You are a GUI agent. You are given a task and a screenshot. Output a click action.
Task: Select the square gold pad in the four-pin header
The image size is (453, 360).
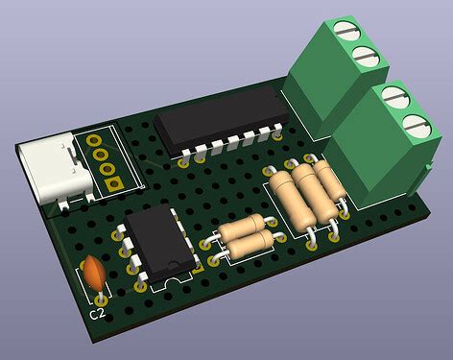tap(114, 183)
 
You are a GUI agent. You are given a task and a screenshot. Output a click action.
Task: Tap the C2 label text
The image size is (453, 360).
tap(97, 314)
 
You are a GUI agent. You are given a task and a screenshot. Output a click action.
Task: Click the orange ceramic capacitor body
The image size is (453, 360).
tap(94, 272)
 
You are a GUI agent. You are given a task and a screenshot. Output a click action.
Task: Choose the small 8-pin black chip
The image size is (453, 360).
tap(160, 243)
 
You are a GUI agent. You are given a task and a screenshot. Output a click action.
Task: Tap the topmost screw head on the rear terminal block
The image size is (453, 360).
tap(346, 30)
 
